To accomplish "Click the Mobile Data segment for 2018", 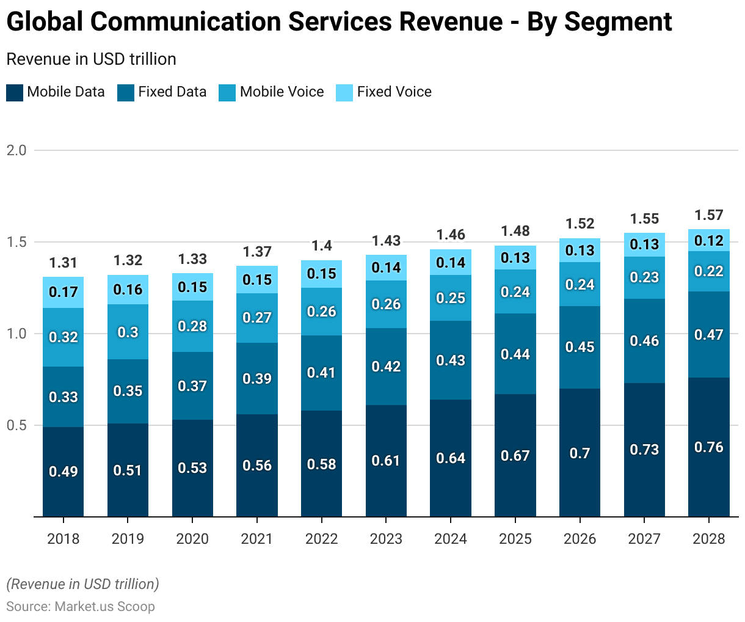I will [63, 472].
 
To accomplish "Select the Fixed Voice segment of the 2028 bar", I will [709, 240].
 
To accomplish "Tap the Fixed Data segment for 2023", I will [386, 367].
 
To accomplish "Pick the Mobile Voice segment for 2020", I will [192, 326].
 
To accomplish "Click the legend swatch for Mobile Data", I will [15, 93].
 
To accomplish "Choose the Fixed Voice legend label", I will [394, 92].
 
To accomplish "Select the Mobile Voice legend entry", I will [282, 92].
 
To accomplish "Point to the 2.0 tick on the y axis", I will [16, 150].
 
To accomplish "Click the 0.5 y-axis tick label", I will [16, 425].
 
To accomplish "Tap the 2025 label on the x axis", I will [515, 539].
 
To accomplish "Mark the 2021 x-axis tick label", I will [257, 539].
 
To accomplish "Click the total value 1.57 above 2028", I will [709, 215].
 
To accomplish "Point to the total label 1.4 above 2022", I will [322, 246].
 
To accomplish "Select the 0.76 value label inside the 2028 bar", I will [709, 447].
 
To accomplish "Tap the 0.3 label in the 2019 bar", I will [128, 332].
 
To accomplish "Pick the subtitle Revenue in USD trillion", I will [91, 59].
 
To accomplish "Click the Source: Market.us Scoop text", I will [81, 607].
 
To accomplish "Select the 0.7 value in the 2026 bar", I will [580, 453].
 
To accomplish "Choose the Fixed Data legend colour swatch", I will [126, 93].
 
